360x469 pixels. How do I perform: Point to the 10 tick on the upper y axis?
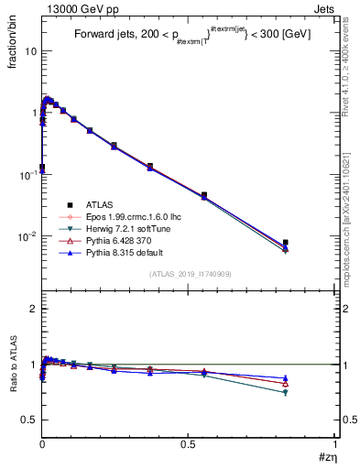[29, 51]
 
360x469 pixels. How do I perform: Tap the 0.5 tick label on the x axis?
[188, 446]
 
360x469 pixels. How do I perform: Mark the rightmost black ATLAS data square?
[286, 243]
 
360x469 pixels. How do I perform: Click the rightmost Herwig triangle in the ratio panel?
[286, 393]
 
